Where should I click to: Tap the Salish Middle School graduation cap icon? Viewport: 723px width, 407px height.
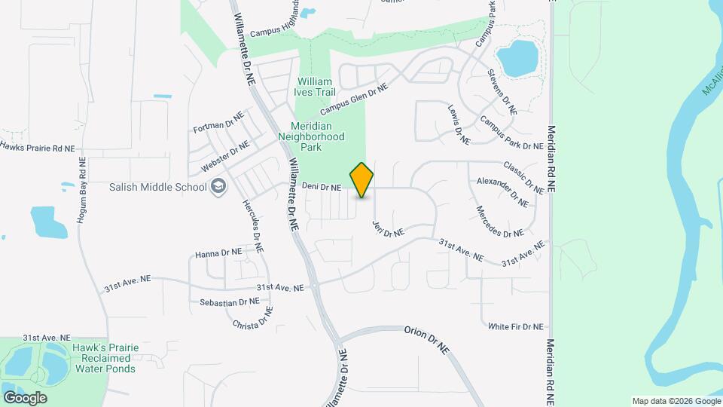pyautogui.click(x=219, y=188)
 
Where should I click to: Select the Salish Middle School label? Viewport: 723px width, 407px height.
pyautogui.click(x=157, y=188)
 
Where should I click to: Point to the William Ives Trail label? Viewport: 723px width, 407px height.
pyautogui.click(x=316, y=86)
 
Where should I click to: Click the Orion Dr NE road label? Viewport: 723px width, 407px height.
pyautogui.click(x=426, y=331)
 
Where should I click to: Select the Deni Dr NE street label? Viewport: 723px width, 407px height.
pyautogui.click(x=322, y=186)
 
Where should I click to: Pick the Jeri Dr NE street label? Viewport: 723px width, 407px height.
pyautogui.click(x=387, y=229)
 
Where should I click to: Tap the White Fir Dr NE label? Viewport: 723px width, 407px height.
pyautogui.click(x=515, y=326)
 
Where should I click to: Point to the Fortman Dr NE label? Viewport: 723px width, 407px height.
pyautogui.click(x=218, y=124)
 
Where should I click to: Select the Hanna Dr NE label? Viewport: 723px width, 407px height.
pyautogui.click(x=218, y=253)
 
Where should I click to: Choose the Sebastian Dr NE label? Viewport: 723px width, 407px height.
pyautogui.click(x=229, y=301)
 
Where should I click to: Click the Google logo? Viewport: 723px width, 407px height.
pyautogui.click(x=25, y=397)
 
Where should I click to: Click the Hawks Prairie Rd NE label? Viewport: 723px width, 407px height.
pyautogui.click(x=37, y=146)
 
